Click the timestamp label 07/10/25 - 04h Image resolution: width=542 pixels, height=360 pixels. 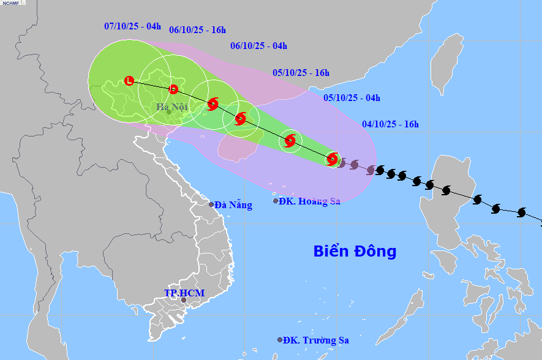(132, 26)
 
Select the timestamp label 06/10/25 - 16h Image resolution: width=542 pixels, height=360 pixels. (197, 29)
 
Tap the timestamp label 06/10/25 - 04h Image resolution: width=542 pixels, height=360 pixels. (258, 45)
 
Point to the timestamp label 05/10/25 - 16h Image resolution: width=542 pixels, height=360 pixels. (301, 72)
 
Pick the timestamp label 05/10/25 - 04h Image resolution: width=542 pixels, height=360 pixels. (352, 97)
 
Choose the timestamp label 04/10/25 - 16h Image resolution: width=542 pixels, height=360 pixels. (390, 124)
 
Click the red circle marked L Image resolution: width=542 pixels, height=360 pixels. (129, 80)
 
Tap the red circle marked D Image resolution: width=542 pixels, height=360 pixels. (173, 89)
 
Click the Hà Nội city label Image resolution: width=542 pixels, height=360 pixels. (172, 108)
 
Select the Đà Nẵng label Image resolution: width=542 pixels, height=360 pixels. (233, 205)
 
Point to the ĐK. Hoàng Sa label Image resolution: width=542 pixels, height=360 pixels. (309, 201)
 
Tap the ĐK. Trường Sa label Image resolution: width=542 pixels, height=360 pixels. (317, 340)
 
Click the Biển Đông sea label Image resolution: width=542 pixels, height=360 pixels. (355, 251)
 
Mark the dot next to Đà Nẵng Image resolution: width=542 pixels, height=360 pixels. (211, 204)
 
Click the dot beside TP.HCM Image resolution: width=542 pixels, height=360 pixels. (183, 299)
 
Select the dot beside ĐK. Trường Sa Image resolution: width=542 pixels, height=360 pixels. (280, 339)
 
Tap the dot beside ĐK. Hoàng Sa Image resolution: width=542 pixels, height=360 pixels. (276, 201)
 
